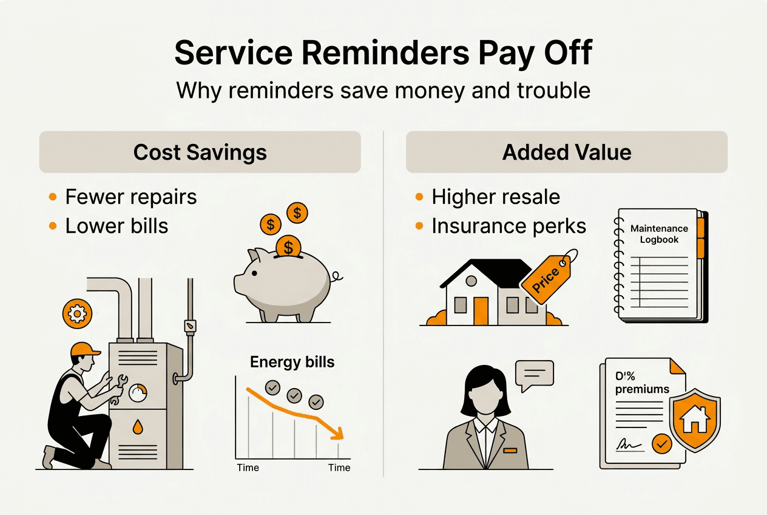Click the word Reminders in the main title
point(385,53)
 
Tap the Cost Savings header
point(200,152)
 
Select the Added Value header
point(567,152)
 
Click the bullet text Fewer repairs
point(131,197)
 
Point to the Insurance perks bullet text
point(509,226)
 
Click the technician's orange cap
point(84,349)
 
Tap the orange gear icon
point(77,313)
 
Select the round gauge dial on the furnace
point(138,393)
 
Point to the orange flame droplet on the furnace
point(138,427)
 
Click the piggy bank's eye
point(254,273)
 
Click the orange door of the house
point(481,311)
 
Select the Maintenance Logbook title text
point(659,234)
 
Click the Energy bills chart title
point(292,362)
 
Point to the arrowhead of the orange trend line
point(339,434)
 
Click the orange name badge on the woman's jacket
point(510,450)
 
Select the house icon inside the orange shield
point(694,420)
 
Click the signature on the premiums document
point(629,444)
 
